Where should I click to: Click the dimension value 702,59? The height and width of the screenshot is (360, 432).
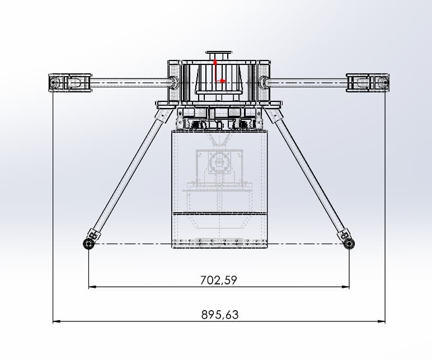pyautogui.click(x=219, y=280)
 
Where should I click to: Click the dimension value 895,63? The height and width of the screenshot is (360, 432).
pyautogui.click(x=219, y=315)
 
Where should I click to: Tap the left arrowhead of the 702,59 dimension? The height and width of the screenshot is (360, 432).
pyautogui.click(x=92, y=287)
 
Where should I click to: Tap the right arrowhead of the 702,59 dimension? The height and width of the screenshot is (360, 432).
pyautogui.click(x=346, y=287)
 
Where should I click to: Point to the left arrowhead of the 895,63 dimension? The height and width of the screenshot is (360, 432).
pyautogui.click(x=56, y=321)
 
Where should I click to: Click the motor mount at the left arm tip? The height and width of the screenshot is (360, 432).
pyautogui.click(x=70, y=83)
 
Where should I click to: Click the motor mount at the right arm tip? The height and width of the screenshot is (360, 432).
pyautogui.click(x=367, y=83)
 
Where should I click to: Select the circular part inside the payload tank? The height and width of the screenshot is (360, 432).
pyautogui.click(x=219, y=163)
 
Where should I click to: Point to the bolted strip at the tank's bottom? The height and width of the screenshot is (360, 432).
pyautogui.click(x=219, y=243)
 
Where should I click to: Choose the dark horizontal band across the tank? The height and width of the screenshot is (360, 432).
pyautogui.click(x=219, y=214)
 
